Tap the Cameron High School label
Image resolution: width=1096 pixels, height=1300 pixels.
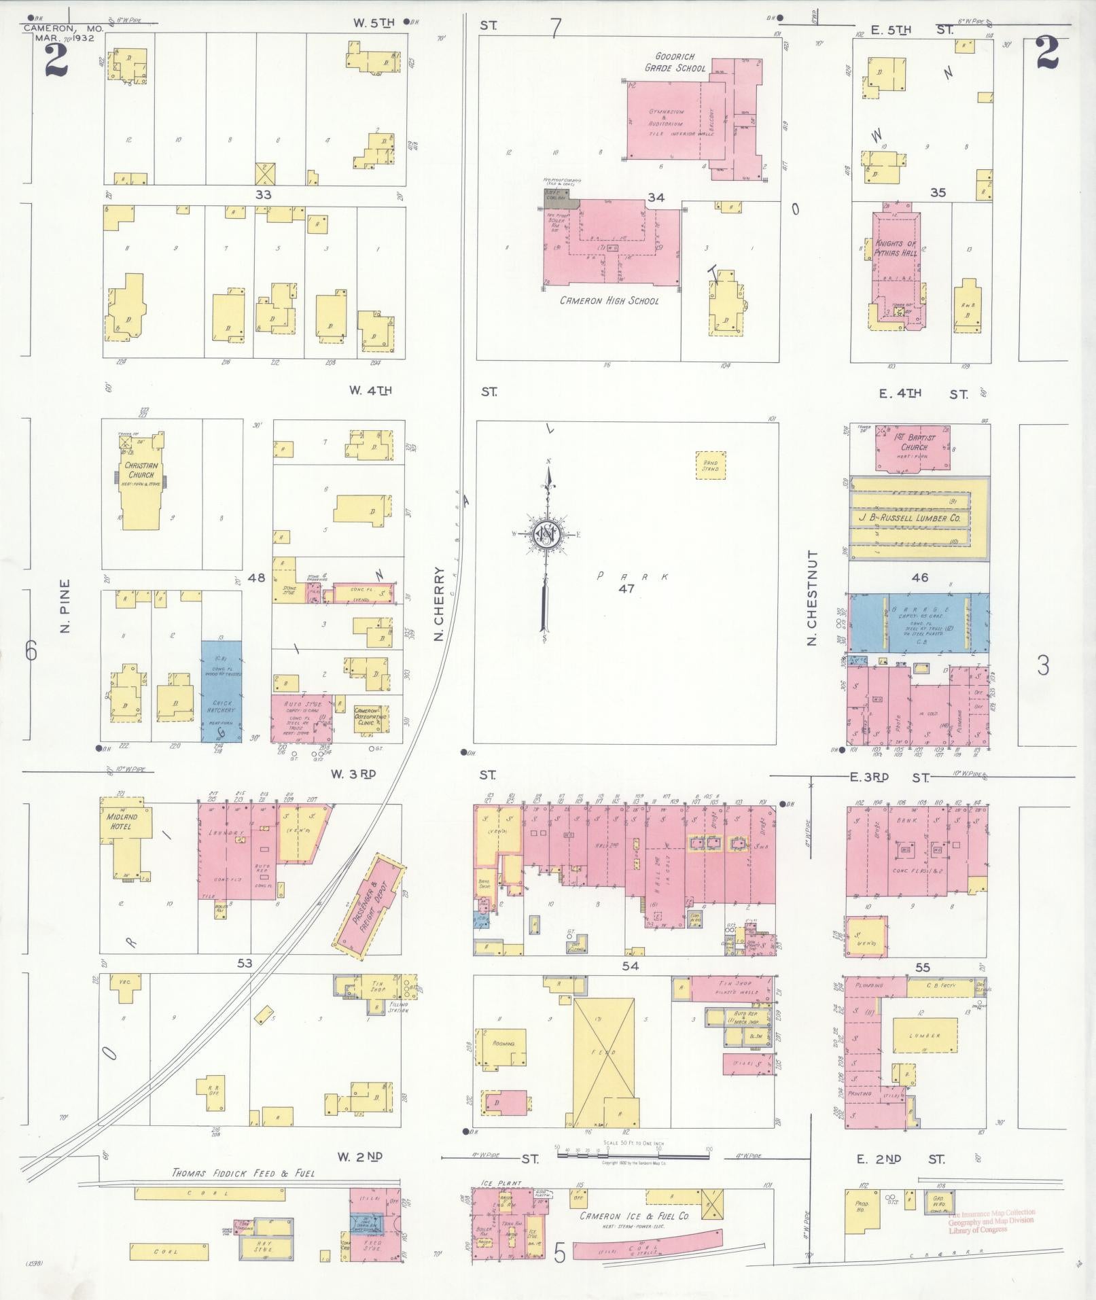609,300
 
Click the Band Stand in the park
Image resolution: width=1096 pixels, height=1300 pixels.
711,465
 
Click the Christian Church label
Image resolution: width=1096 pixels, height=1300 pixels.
141,470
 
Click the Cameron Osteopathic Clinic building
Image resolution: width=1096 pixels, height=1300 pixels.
371,716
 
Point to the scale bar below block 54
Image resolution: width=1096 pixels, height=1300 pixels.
632,1152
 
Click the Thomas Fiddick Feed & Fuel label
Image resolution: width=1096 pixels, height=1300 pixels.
243,1173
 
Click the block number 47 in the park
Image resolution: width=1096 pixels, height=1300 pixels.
626,588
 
